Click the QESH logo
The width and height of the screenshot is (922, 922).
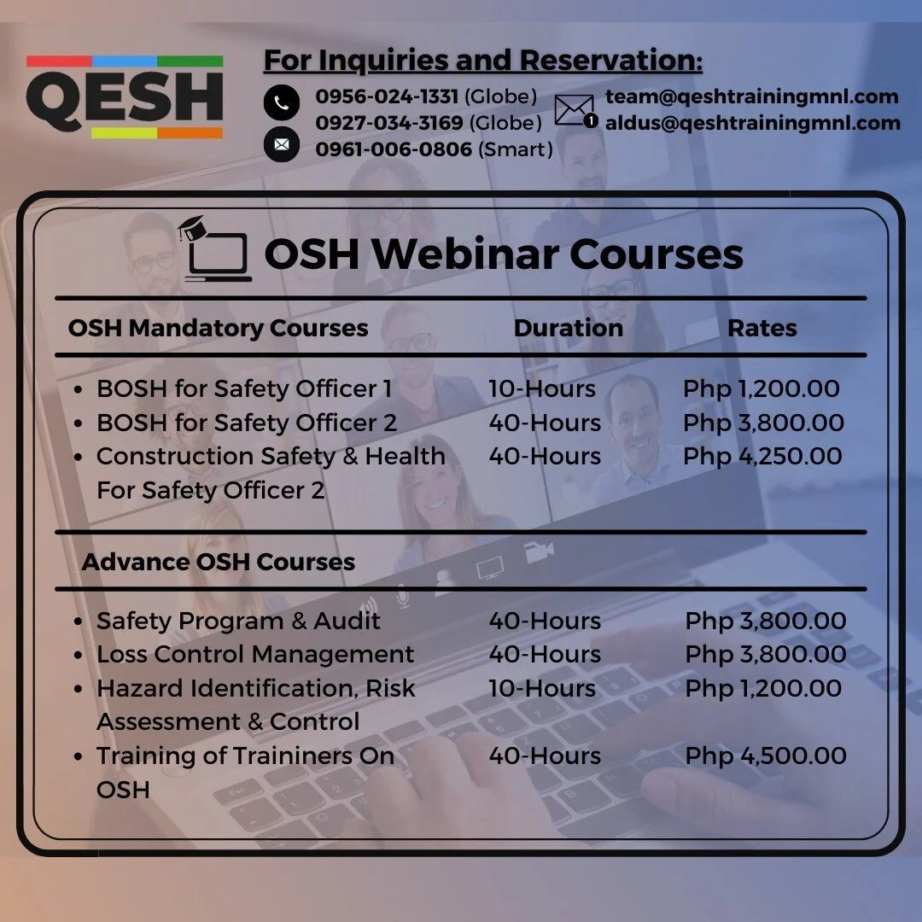[x=125, y=97]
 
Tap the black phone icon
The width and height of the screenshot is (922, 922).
[x=282, y=102]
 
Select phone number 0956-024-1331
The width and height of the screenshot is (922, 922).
[x=387, y=96]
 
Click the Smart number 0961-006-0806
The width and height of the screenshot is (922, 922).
[x=394, y=149]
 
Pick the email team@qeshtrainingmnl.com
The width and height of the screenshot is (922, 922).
[x=752, y=96]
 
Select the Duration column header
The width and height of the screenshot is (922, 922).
[x=569, y=329]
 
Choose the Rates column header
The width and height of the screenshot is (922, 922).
[x=762, y=329]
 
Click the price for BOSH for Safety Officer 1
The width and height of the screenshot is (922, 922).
[x=762, y=389]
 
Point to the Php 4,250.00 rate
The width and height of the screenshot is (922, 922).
[x=762, y=457]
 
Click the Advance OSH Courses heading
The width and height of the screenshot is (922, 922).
[x=219, y=562]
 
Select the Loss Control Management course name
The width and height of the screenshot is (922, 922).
[x=255, y=655]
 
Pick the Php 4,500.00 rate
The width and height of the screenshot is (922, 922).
[x=766, y=756]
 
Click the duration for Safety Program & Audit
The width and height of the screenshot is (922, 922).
[x=545, y=621]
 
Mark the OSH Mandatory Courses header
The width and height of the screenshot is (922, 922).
[x=219, y=329]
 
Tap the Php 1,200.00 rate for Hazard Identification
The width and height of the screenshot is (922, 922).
[x=764, y=688]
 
